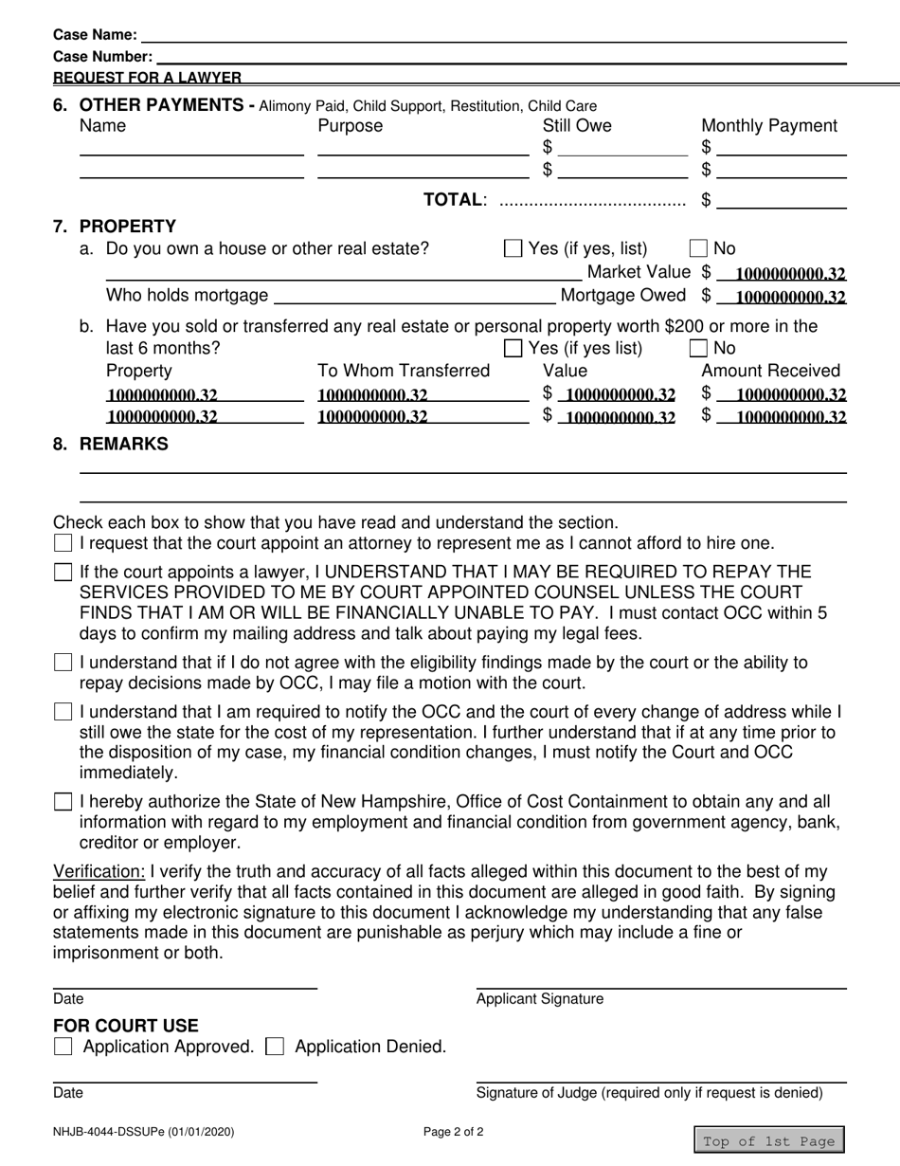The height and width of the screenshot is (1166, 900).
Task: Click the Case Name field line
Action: [493, 35]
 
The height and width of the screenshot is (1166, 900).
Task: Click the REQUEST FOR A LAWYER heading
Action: [147, 78]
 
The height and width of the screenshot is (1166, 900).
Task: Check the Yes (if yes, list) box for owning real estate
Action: [513, 249]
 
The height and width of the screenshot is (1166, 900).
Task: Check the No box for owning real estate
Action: [698, 249]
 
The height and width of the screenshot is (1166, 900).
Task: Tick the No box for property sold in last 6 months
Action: [698, 348]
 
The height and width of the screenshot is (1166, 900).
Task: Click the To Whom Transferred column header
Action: [404, 371]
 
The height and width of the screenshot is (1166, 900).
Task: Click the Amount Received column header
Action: [770, 371]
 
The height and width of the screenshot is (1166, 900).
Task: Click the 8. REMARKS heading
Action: [123, 444]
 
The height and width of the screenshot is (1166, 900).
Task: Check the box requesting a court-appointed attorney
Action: [63, 544]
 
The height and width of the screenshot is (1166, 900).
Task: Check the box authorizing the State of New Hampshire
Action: [63, 802]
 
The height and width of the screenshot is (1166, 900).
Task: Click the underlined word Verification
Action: [99, 871]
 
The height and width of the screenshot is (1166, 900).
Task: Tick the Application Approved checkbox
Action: [63, 1048]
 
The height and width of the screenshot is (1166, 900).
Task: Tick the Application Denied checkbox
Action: [275, 1048]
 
